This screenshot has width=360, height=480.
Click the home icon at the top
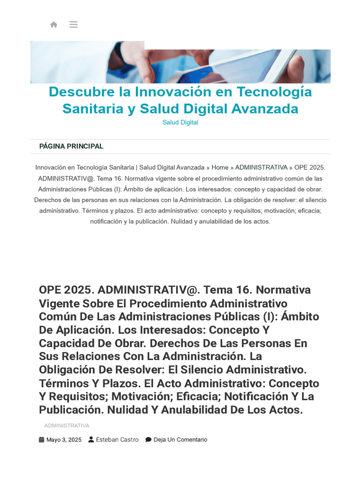(x=54, y=24)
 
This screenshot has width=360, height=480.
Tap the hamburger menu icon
(x=74, y=24)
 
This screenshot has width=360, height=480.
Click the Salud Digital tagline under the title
(x=180, y=122)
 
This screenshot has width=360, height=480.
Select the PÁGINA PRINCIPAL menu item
(x=71, y=146)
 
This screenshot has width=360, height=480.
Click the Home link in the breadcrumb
(x=220, y=167)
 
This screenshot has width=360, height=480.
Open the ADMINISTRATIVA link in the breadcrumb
(x=261, y=167)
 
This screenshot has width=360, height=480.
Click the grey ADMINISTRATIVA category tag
(x=67, y=426)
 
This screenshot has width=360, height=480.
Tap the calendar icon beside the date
(x=42, y=440)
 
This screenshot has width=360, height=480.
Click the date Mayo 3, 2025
(x=64, y=440)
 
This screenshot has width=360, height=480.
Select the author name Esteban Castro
(x=117, y=440)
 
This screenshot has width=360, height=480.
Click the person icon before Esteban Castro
(x=91, y=440)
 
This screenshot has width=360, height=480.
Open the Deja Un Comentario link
(x=180, y=440)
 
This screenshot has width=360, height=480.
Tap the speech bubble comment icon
(x=148, y=440)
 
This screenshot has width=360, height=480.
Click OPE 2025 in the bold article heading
(x=66, y=290)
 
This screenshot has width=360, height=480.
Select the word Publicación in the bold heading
(x=71, y=410)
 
